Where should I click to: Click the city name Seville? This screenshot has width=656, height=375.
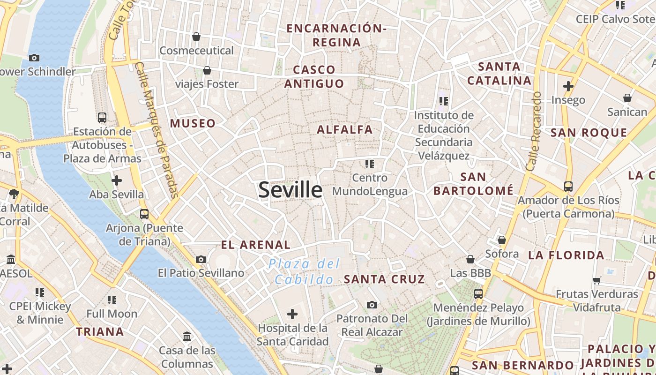(290, 190)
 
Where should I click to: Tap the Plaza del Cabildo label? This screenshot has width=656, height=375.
(304, 271)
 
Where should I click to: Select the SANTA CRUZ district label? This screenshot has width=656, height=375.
(384, 279)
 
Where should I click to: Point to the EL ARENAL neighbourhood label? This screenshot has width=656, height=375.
(255, 245)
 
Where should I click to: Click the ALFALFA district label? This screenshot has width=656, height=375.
(345, 130)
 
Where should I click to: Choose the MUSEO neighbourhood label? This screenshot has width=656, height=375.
(193, 124)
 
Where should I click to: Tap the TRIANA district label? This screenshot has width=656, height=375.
(100, 332)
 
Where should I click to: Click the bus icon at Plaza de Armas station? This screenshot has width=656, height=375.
(102, 118)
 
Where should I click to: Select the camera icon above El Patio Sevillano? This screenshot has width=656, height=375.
(201, 259)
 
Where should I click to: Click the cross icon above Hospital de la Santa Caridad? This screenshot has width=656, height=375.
(292, 314)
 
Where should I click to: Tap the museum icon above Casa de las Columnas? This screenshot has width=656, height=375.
(187, 336)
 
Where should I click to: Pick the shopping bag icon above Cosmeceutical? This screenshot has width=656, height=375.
(196, 37)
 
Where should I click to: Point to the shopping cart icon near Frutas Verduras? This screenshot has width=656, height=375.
(596, 281)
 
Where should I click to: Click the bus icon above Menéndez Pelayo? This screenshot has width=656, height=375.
(478, 294)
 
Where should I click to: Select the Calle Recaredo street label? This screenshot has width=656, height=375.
(534, 131)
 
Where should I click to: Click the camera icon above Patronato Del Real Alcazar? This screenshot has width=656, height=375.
(372, 305)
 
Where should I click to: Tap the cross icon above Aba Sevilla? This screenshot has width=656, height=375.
(116, 180)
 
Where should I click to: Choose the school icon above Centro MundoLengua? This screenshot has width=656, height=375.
(370, 164)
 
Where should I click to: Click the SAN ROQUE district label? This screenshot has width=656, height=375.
(589, 133)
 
